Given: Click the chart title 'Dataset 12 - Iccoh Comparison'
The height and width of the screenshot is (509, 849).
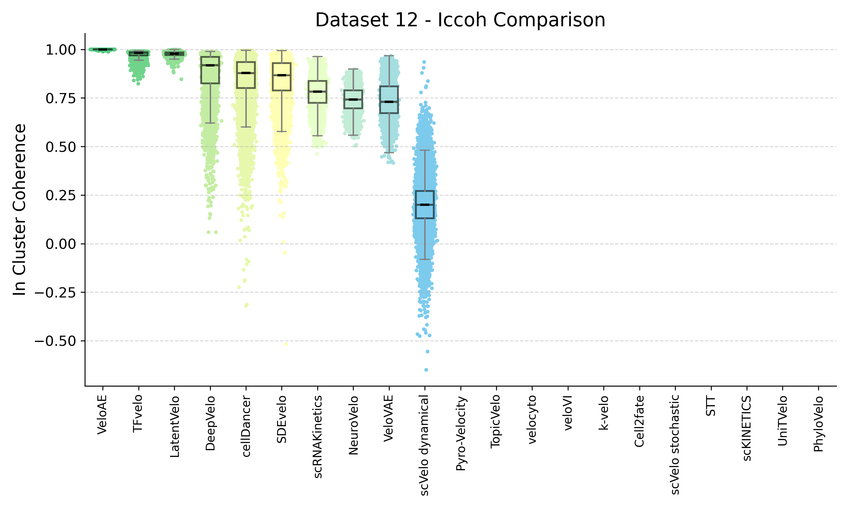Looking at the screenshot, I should [460, 20].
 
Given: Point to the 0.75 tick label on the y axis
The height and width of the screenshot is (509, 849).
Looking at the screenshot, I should [61, 98].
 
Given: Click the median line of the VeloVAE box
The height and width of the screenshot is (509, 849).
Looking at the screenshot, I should [389, 102].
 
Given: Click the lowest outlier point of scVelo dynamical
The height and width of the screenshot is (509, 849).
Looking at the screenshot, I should [426, 370].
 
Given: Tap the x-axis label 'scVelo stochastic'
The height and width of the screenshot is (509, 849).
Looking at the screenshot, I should [675, 445].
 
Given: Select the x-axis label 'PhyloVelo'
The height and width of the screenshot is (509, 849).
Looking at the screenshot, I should [818, 424].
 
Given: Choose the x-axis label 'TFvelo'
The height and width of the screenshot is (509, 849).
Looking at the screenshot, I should [138, 413].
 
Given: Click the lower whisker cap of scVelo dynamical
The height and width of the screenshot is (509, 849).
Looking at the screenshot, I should [424, 259].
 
